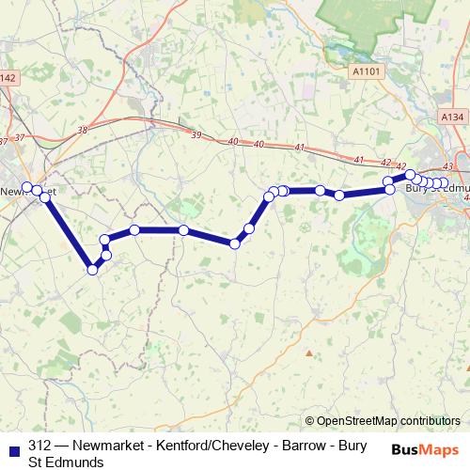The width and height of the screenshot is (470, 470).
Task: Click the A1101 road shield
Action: pyautogui.click(x=368, y=70)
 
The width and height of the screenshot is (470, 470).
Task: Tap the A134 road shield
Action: pyautogui.click(x=451, y=117)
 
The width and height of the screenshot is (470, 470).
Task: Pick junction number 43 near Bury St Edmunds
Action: pyautogui.click(x=447, y=166)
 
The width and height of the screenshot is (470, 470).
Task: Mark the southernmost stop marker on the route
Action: pyautogui.click(x=92, y=270)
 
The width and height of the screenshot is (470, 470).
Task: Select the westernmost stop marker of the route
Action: pyautogui.click(x=27, y=186)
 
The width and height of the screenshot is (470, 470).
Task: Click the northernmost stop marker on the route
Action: pyautogui.click(x=411, y=174)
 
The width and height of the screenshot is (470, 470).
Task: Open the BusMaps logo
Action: pyautogui.click(x=426, y=449)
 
